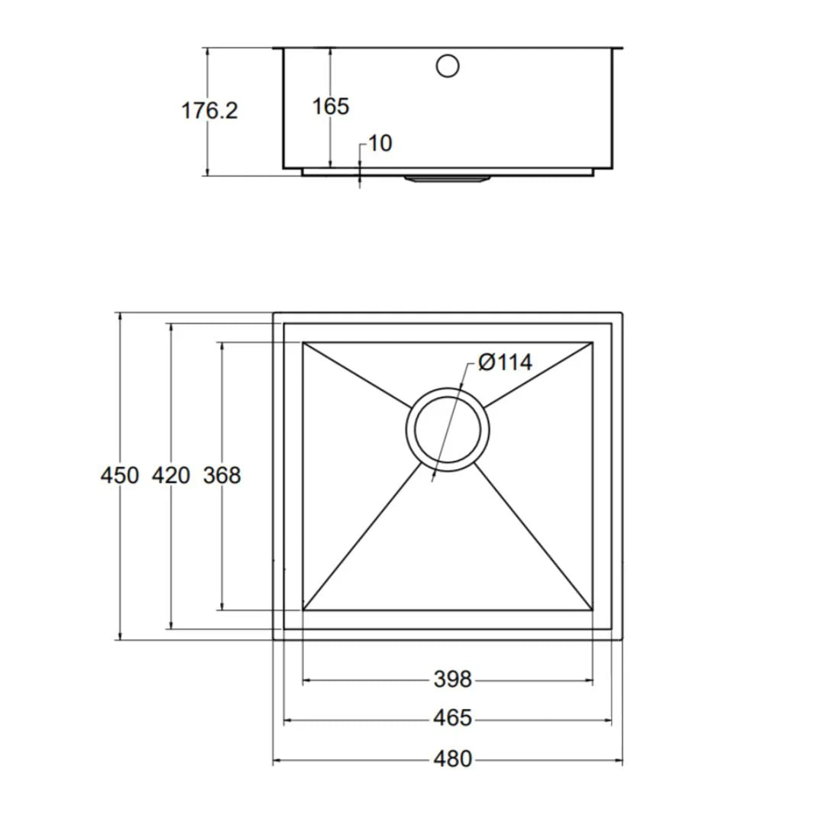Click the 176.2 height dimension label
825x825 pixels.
tap(209, 111)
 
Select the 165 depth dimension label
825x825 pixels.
tap(330, 106)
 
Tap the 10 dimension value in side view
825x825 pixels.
tap(380, 144)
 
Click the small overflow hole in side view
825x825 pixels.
tap(448, 66)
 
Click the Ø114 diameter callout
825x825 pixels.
tap(505, 361)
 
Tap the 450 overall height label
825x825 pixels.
tap(120, 475)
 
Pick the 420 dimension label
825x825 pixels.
tap(171, 475)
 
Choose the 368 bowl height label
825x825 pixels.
tap(222, 475)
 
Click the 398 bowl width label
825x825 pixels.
tap(453, 679)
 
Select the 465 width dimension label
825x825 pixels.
tap(453, 719)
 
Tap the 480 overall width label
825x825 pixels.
tap(453, 759)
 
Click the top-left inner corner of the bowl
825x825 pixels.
tap(303, 342)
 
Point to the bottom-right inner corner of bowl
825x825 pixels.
tap(593, 610)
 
